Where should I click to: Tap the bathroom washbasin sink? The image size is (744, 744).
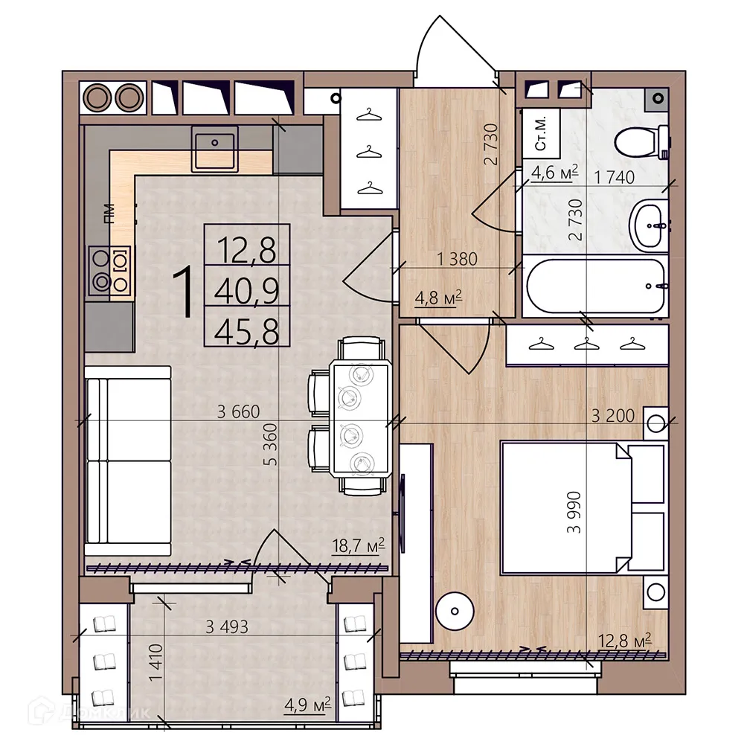(x=650, y=225)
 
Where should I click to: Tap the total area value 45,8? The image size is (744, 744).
(x=246, y=330)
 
